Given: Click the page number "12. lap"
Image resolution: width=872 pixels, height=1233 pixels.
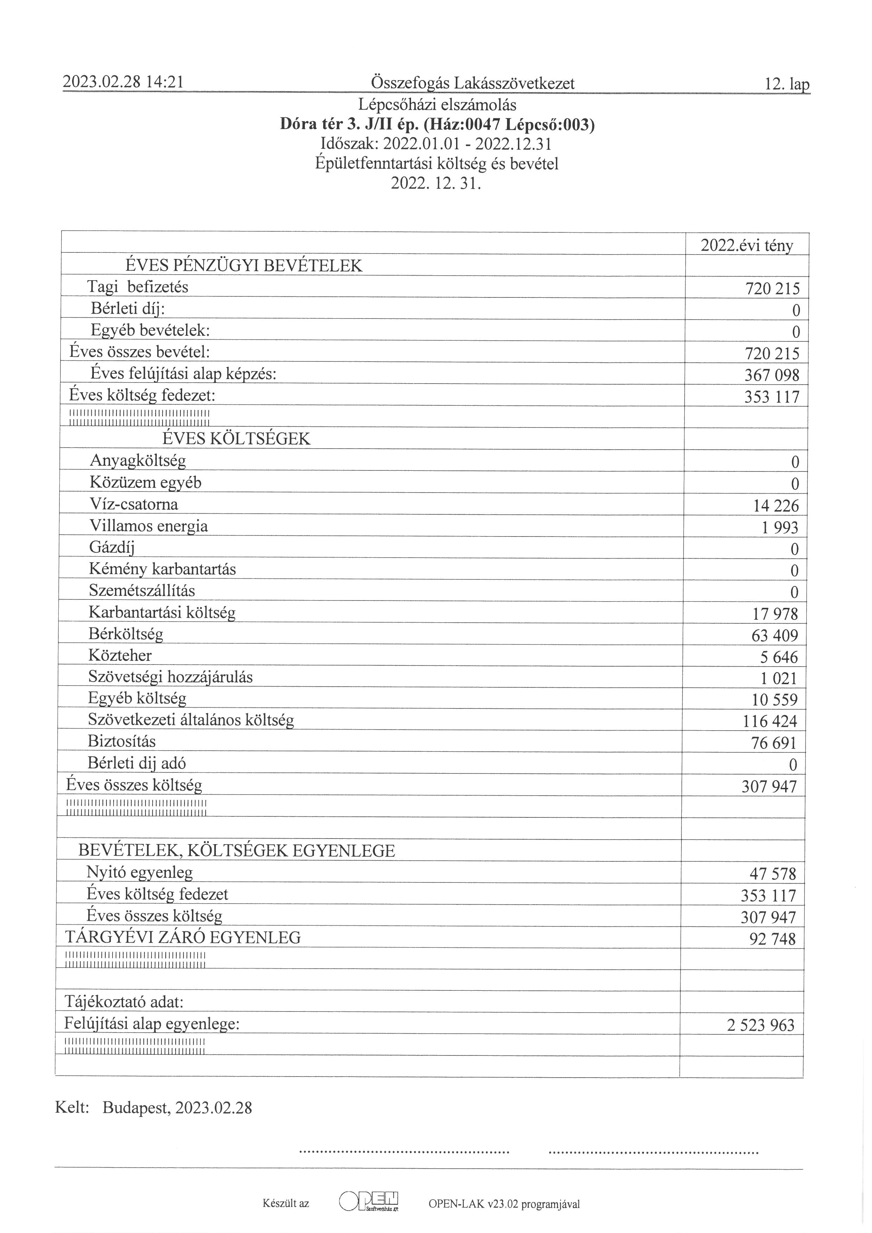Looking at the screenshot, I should [x=787, y=84].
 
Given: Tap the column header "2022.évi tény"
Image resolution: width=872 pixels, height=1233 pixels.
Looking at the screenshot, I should [x=747, y=245].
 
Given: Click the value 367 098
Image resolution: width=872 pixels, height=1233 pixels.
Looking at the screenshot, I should [x=771, y=375].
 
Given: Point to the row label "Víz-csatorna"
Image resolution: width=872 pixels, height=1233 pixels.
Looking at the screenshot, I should [x=134, y=504].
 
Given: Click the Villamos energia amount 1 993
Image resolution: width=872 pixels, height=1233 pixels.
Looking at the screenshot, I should [x=780, y=528].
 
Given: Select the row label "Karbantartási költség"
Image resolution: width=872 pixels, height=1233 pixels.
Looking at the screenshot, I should [x=162, y=612].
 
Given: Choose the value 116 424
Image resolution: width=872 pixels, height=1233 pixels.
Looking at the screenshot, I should [x=770, y=721].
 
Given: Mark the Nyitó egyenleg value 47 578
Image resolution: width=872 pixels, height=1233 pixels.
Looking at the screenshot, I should [x=772, y=874].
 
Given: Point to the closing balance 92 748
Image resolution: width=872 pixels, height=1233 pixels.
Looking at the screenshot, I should [x=772, y=939].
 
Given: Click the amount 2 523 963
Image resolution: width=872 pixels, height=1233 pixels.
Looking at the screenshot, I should [x=760, y=1026].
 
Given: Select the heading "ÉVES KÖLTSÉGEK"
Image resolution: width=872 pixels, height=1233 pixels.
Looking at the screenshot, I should [x=236, y=439].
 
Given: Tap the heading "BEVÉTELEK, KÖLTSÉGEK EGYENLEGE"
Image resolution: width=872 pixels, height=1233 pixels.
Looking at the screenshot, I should [x=236, y=851].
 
